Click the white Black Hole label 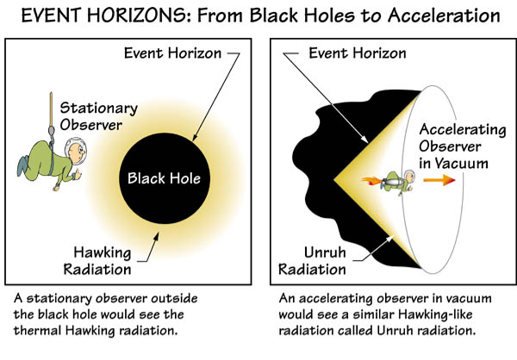[x=164, y=179]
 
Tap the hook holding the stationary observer [x=54, y=122]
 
